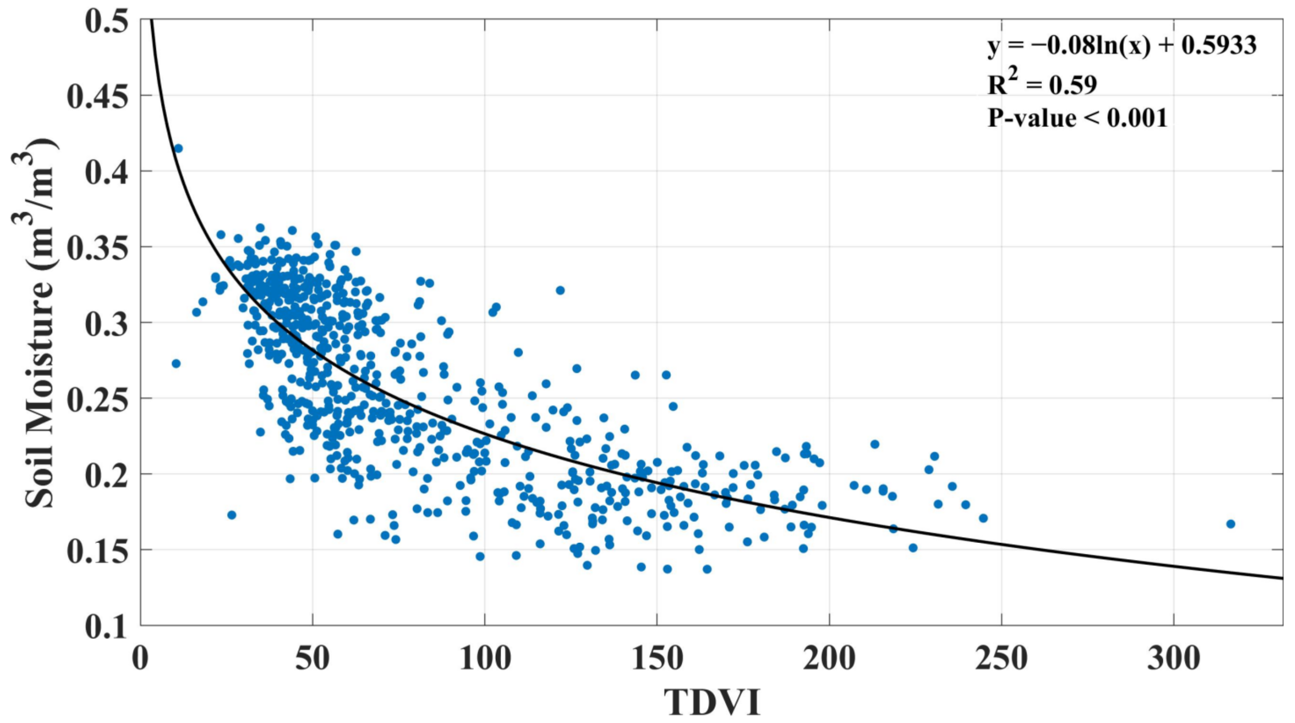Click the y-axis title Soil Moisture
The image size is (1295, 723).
[x=39, y=322]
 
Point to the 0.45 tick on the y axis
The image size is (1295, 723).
[x=97, y=95]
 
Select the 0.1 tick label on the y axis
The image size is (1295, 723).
[x=105, y=626]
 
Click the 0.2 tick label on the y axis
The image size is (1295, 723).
[x=105, y=475]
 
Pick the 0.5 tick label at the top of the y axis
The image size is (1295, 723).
[x=105, y=21]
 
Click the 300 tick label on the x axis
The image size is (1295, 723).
[x=1173, y=659]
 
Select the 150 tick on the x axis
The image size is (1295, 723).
[x=657, y=659]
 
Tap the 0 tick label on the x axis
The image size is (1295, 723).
[x=141, y=659]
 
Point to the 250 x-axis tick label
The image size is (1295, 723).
[x=1001, y=659]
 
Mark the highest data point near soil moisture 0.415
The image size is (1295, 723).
[x=178, y=148]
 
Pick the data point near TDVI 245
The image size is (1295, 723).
[x=983, y=518]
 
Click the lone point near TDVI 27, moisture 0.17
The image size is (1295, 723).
[x=232, y=515]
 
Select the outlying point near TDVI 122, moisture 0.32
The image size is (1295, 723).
[x=560, y=290]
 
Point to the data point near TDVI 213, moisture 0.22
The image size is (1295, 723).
[x=875, y=444]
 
